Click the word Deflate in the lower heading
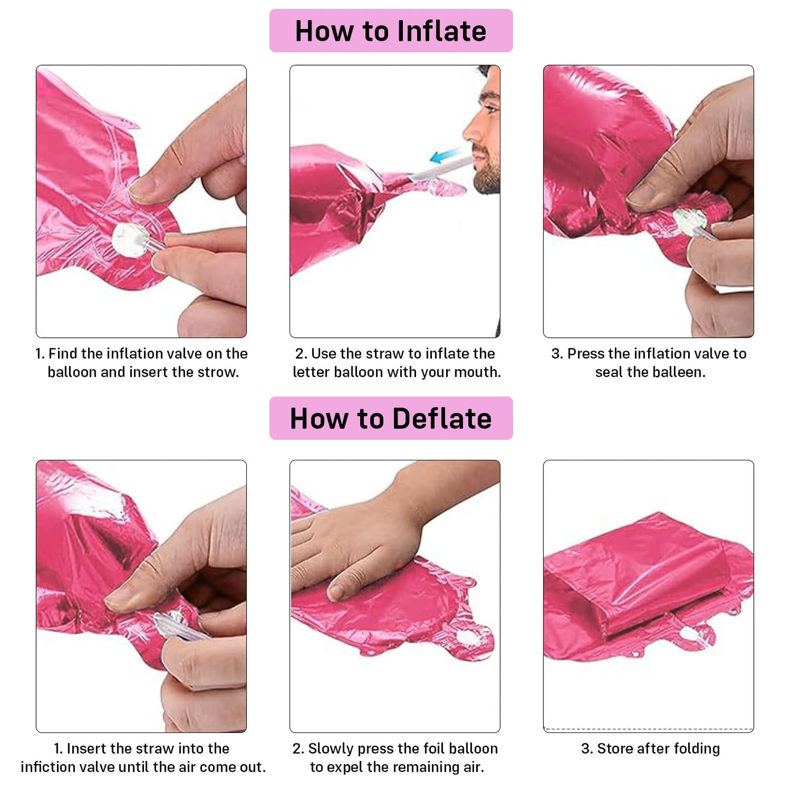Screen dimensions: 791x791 442,419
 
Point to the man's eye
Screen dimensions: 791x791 489,109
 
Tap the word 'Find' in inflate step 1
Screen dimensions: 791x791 63,354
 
